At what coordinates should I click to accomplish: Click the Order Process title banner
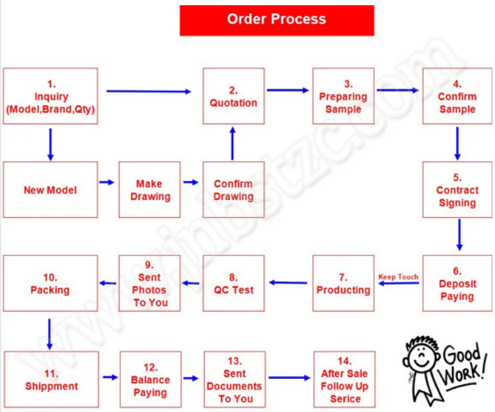[276, 20]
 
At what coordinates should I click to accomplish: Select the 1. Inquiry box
[51, 96]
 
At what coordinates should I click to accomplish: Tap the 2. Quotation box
[233, 96]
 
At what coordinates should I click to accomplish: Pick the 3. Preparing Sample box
[343, 96]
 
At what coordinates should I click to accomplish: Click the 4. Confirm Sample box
[457, 96]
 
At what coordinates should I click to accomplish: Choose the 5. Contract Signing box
[457, 190]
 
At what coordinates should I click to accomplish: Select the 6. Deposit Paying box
[457, 283]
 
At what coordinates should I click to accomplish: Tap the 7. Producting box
[343, 283]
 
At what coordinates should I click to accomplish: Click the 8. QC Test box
[233, 283]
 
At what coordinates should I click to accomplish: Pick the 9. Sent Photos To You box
[150, 283]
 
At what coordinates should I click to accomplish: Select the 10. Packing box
[51, 283]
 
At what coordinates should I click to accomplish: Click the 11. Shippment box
[51, 380]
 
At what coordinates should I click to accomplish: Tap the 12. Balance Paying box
[150, 380]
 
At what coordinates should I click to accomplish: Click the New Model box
[51, 190]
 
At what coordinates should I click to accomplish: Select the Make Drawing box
[150, 190]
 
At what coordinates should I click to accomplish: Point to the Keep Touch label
[398, 277]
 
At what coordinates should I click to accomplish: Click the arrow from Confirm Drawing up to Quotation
[233, 143]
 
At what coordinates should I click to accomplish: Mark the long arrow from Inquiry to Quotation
[149, 91]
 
